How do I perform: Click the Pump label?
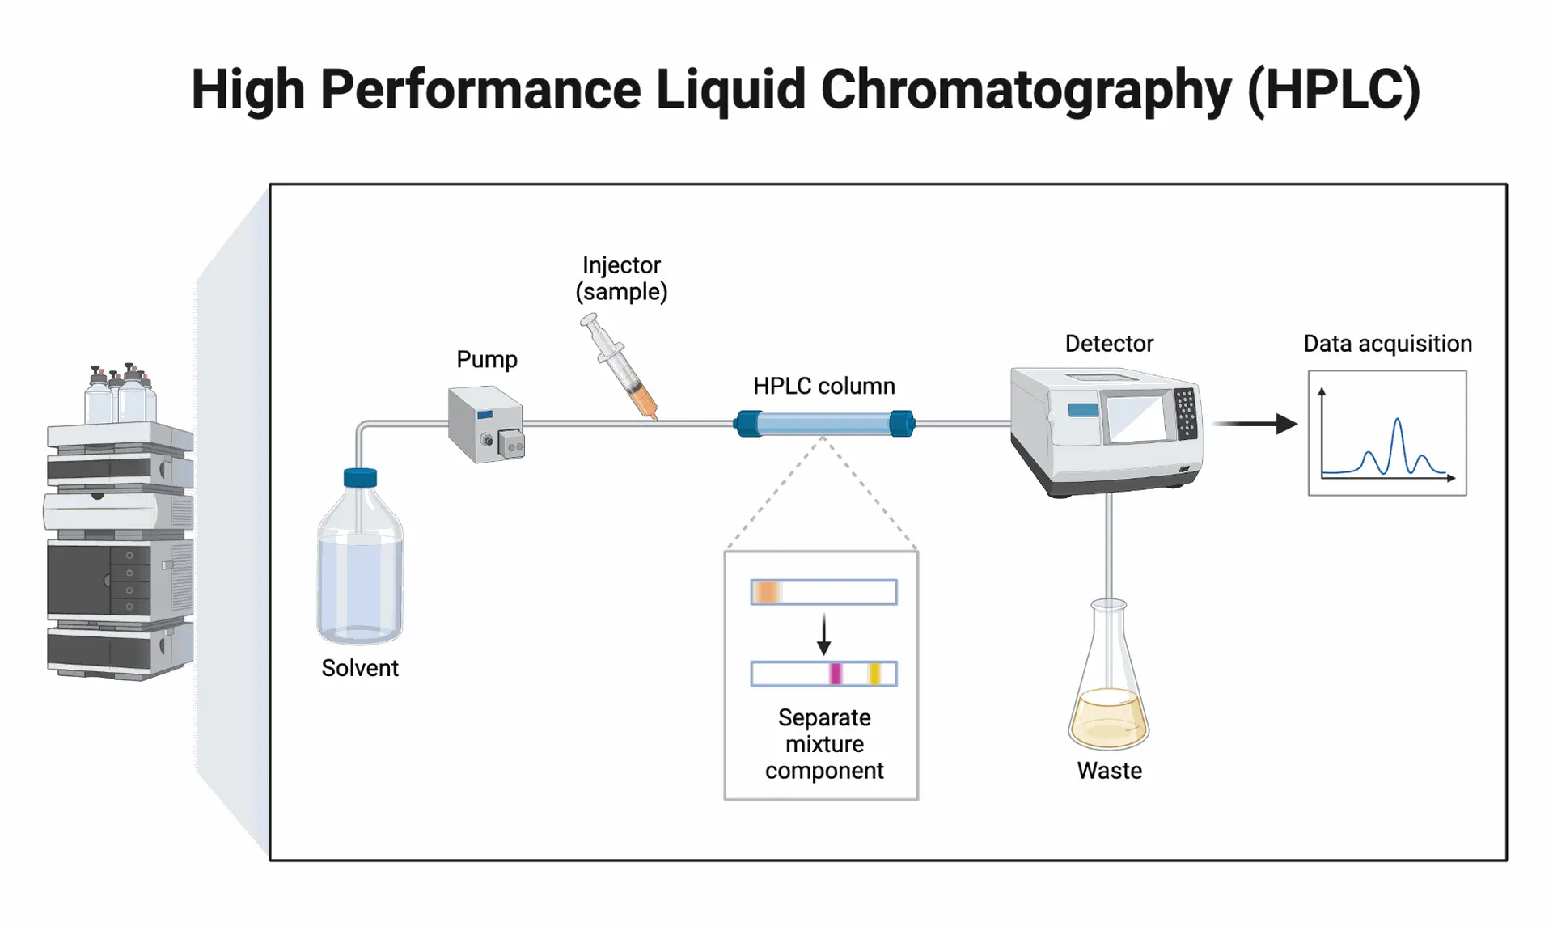(486, 359)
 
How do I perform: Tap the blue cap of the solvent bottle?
(360, 478)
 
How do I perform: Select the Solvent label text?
(360, 668)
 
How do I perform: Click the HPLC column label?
(823, 386)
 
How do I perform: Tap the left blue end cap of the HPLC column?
(747, 423)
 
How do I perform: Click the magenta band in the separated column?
(836, 674)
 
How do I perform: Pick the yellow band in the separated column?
(874, 674)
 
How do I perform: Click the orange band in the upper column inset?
(766, 592)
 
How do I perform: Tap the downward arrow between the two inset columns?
(823, 634)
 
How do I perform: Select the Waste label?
(1109, 771)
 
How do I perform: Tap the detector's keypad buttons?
(1186, 413)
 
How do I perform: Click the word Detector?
(1109, 344)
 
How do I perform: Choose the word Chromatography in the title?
(1026, 89)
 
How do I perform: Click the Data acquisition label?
(1387, 344)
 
